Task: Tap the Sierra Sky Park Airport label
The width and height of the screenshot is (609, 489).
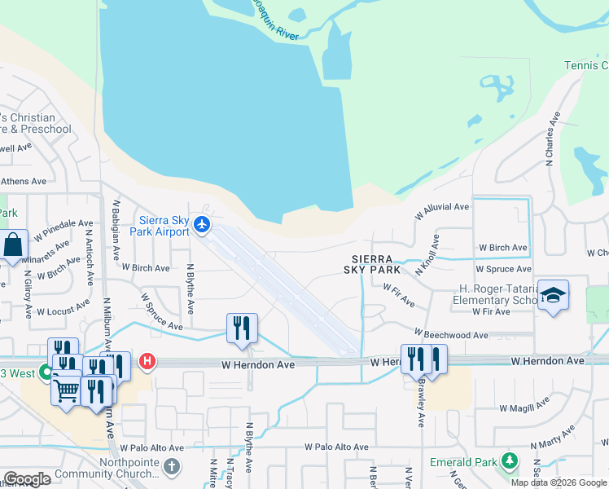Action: click(x=164, y=226)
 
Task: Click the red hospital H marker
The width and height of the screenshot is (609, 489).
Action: click(x=147, y=360)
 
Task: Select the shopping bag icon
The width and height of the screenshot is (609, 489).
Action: click(x=14, y=244)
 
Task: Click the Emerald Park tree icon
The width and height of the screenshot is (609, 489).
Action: click(x=510, y=462)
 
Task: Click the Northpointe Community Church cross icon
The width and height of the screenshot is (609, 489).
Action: click(x=171, y=467)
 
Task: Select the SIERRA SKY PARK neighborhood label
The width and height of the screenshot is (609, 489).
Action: click(x=372, y=263)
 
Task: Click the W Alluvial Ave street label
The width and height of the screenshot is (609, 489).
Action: click(x=441, y=212)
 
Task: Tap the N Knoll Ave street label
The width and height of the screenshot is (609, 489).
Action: click(x=427, y=253)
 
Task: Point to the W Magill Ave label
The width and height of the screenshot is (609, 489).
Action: click(x=525, y=407)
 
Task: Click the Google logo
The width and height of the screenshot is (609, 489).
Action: click(x=27, y=479)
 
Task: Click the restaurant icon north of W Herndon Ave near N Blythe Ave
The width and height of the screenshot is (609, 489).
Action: click(x=242, y=327)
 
